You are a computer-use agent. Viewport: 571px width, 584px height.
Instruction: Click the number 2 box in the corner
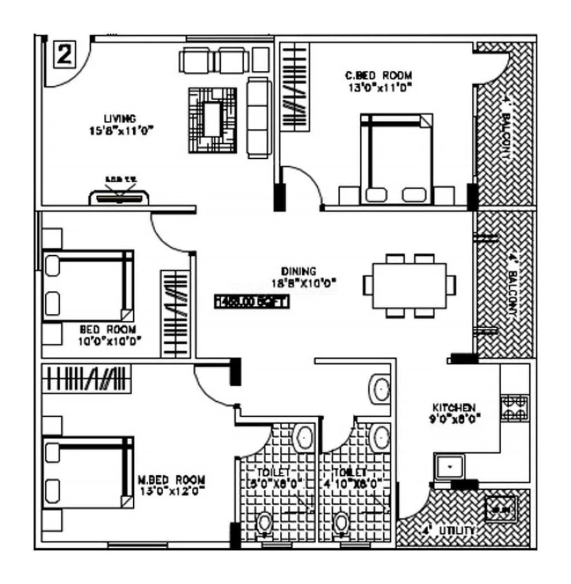click(x=65, y=55)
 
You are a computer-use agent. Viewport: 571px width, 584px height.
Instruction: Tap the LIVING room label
click(x=120, y=119)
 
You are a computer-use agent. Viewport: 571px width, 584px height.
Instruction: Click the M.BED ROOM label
click(x=171, y=480)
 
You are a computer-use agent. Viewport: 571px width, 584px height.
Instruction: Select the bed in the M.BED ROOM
click(x=88, y=472)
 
